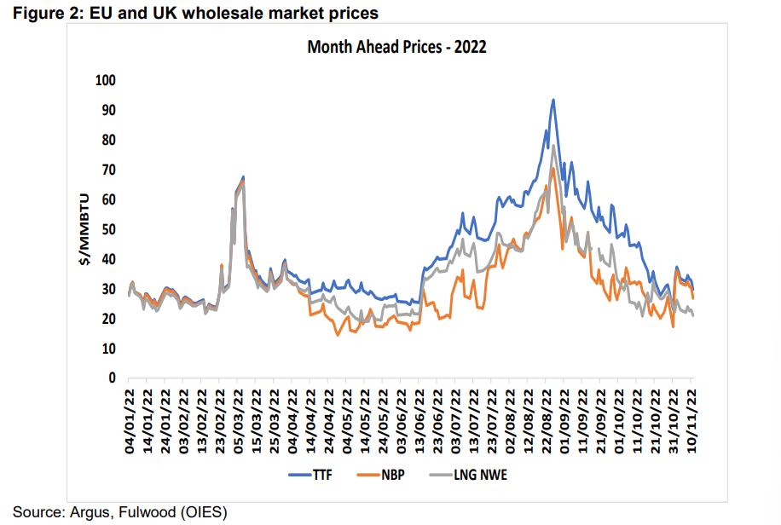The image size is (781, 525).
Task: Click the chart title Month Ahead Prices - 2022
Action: pyautogui.click(x=396, y=47)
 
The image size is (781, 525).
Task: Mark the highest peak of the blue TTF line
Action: pyautogui.click(x=553, y=100)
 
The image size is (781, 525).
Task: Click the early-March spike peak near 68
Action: pyautogui.click(x=243, y=177)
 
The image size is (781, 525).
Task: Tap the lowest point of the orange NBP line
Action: pyautogui.click(x=337, y=335)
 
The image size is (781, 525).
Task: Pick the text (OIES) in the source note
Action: pyautogui.click(x=201, y=512)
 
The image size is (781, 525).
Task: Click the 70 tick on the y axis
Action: pyautogui.click(x=108, y=170)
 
